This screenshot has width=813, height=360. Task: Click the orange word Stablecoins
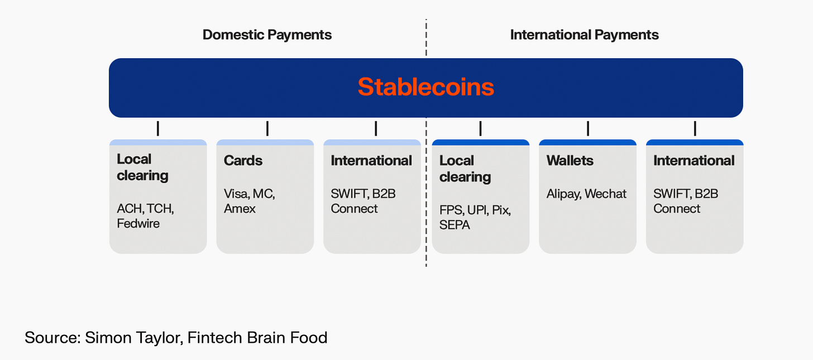(425, 88)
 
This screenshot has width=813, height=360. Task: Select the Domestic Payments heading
(267, 35)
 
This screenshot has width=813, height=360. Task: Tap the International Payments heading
(584, 35)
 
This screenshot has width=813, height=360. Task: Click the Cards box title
(243, 161)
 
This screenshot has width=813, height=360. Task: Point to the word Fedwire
(138, 224)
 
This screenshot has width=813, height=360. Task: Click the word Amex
(240, 209)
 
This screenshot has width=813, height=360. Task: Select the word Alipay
(564, 194)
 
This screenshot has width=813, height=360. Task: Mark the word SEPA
(455, 225)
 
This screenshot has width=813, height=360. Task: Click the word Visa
(236, 194)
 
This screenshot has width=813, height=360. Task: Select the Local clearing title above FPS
(465, 169)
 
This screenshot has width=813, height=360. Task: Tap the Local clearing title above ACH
(142, 167)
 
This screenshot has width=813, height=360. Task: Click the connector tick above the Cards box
(267, 129)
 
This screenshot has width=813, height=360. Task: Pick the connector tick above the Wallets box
(588, 129)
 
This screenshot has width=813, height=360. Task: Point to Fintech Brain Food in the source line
(257, 338)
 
